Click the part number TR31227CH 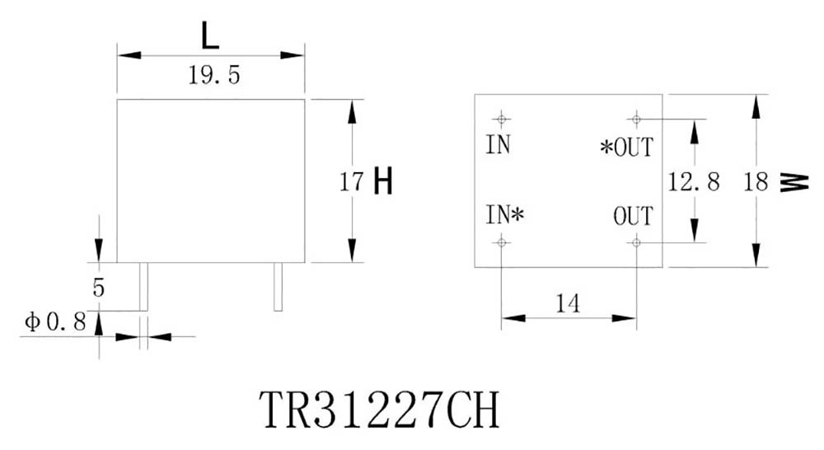tap(380, 409)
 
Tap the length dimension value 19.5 tap(213, 77)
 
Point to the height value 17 tap(352, 181)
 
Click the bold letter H tap(382, 181)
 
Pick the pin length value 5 tap(99, 288)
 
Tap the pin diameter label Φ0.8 tap(56, 322)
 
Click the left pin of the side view tap(143, 287)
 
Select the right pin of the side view tap(278, 287)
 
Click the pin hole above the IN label tap(501, 120)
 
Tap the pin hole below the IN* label tap(501, 241)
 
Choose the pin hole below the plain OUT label tap(635, 241)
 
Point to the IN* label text tap(504, 216)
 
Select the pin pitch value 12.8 tap(694, 182)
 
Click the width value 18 tap(756, 182)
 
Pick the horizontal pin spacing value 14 tap(567, 304)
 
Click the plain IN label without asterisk tap(498, 146)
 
